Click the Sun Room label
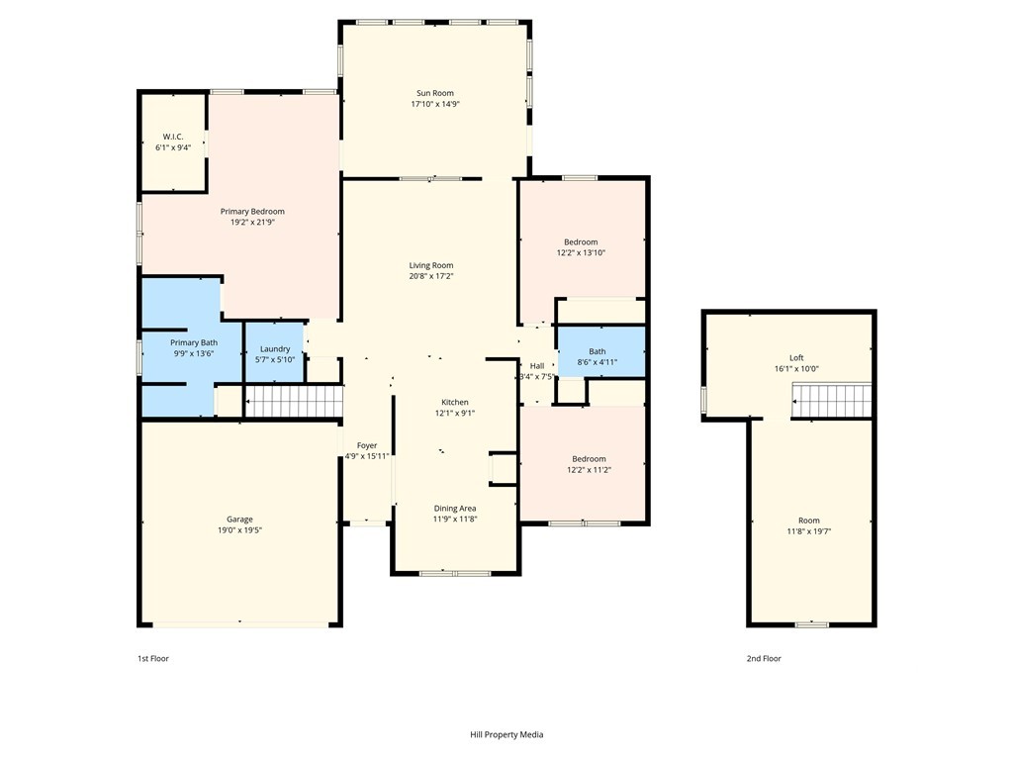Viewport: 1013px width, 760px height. [x=435, y=93]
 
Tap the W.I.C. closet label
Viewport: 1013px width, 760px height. [x=173, y=137]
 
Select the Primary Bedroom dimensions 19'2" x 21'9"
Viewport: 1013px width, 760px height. [x=252, y=223]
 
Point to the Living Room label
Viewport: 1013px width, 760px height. [x=431, y=265]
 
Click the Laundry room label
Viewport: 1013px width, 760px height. [x=275, y=349]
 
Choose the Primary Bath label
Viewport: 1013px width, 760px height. [x=194, y=342]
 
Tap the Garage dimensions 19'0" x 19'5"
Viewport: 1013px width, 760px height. [x=239, y=530]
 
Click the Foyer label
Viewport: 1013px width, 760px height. [x=367, y=445]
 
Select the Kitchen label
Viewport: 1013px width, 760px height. [x=455, y=402]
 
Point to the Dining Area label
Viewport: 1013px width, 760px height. [x=455, y=508]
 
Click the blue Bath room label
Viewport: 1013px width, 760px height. [x=598, y=351]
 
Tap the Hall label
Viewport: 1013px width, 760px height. [x=537, y=366]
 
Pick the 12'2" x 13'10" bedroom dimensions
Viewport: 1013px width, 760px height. [x=582, y=253]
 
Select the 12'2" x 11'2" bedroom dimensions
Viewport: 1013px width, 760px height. [x=590, y=470]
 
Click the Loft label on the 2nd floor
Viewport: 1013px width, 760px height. [x=796, y=358]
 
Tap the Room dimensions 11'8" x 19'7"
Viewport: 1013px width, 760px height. [x=809, y=531]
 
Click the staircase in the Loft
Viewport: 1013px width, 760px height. [x=831, y=401]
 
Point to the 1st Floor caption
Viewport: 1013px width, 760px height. [x=153, y=658]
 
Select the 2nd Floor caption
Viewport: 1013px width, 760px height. [x=764, y=658]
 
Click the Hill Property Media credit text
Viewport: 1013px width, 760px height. [x=506, y=735]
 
